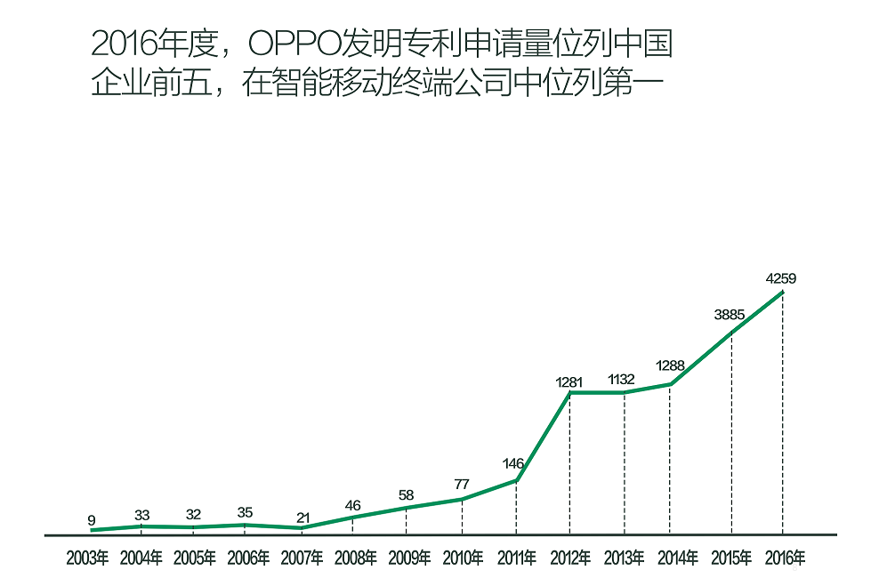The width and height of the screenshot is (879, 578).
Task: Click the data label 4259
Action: pos(780,278)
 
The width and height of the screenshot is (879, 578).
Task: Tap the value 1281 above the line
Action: pos(569,381)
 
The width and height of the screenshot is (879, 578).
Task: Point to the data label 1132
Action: pos(623,381)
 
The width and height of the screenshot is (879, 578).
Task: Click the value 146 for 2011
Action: pos(513,463)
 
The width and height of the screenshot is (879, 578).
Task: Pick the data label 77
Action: pos(461,485)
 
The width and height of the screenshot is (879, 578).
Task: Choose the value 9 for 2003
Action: pos(91,520)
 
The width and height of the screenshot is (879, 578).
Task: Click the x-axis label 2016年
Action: pos(785,559)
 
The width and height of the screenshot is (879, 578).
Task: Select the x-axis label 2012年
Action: pos(570,559)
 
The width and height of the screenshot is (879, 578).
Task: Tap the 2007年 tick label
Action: pos(302,559)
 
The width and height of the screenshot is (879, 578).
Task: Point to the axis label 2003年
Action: pos(87,559)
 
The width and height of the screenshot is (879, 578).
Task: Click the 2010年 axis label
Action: pos(463,559)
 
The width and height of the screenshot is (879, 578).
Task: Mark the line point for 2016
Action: pos(783,292)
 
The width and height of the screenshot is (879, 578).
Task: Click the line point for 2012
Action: pos(569,392)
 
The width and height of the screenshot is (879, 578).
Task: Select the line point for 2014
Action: pos(671,384)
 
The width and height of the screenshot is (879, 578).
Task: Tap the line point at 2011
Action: pos(517,480)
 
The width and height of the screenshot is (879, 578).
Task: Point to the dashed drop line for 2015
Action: pos(731,436)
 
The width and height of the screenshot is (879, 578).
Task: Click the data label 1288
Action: pos(670,365)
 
